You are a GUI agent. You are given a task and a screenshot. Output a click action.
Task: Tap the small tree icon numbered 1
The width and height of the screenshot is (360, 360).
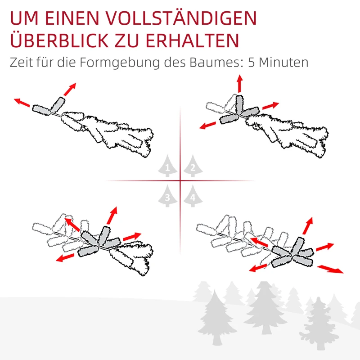[168, 167]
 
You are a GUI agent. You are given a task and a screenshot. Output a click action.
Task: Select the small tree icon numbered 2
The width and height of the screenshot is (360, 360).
[193, 167]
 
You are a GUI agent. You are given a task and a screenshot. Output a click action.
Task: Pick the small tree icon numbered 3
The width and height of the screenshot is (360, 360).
[168, 196]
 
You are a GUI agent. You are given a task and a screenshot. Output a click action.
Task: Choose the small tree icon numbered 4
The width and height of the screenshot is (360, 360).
[193, 196]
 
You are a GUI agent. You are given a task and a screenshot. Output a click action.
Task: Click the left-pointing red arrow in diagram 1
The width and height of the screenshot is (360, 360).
[22, 103]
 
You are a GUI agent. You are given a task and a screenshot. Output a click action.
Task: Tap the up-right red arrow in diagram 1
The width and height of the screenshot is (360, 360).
[70, 89]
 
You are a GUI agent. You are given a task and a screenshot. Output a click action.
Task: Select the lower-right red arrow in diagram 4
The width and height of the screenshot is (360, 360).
[330, 269]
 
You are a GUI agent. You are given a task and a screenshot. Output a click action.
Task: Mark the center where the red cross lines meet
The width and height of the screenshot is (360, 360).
[180, 181]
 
